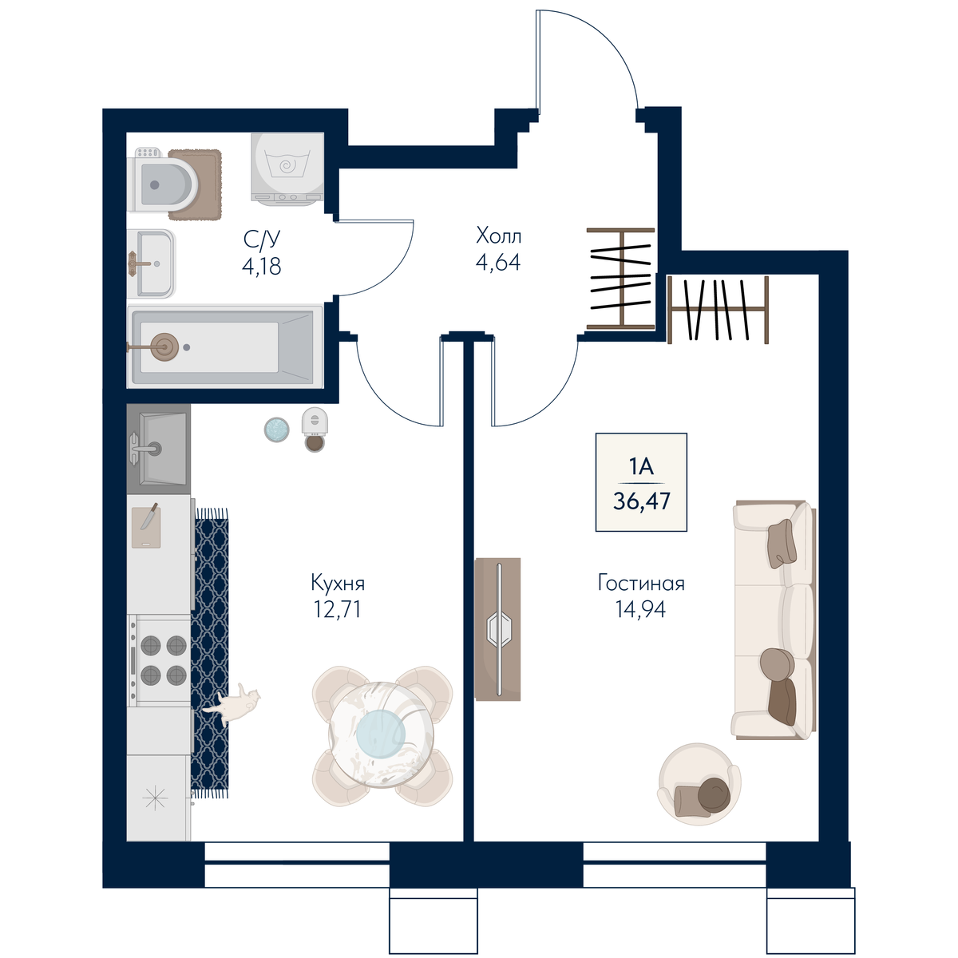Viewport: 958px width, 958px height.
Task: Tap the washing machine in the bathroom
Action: [287, 167]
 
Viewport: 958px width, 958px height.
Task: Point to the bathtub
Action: [225, 346]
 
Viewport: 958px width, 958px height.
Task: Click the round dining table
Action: [382, 734]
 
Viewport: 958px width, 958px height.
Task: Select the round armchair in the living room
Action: [699, 785]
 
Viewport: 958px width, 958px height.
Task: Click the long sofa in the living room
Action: [774, 620]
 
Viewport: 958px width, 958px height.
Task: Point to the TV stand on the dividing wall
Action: [497, 629]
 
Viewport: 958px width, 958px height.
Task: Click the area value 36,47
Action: [642, 501]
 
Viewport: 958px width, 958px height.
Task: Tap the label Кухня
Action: [338, 583]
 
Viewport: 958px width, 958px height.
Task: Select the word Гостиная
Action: [641, 583]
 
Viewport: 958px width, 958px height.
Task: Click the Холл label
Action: [499, 236]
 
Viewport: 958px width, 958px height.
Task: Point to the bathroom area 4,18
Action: [262, 267]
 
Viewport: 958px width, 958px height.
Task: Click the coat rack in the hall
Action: [621, 279]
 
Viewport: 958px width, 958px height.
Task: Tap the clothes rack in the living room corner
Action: [718, 309]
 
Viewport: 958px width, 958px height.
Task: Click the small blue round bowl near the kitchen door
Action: [276, 429]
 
